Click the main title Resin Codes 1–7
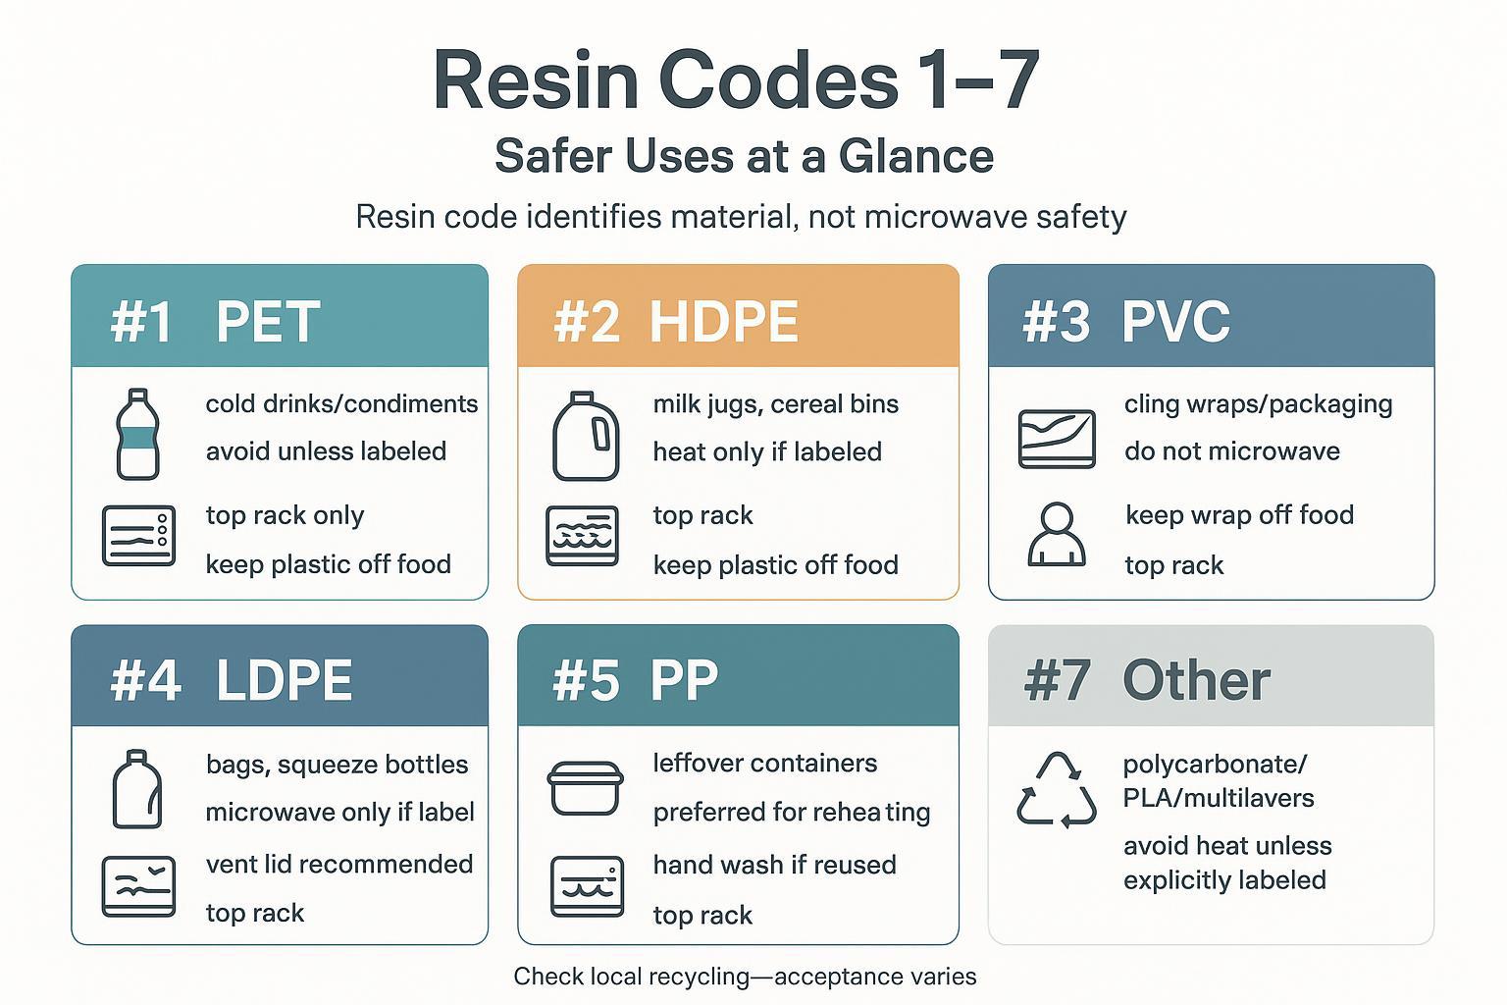736,80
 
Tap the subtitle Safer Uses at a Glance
744,157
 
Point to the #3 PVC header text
1125,321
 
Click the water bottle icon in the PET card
137,434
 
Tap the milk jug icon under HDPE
585,437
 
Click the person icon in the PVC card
1056,535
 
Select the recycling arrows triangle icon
1057,790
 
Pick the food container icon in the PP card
585,788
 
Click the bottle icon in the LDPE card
137,790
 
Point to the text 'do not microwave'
1231,451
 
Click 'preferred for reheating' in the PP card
791,813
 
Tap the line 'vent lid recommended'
339,864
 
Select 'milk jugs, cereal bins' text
775,404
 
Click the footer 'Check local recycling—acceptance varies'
745,977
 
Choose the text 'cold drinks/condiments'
341,404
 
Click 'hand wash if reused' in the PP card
774,865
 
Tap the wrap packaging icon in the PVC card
1057,439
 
